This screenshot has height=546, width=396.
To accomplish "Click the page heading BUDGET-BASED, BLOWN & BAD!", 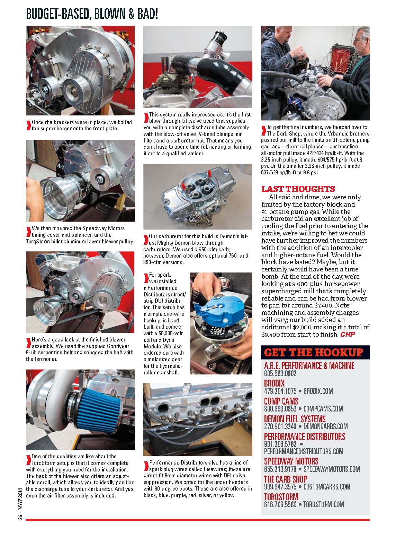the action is pyautogui.click(x=92, y=14).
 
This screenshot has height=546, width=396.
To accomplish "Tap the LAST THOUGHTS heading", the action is pyautogui.click(x=298, y=189).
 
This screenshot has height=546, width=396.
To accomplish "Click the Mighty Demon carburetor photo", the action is pyautogui.click(x=198, y=196).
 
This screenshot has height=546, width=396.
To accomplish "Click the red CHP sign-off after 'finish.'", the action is pyautogui.click(x=348, y=334).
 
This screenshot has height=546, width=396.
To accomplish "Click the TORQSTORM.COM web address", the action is pyautogui.click(x=323, y=504).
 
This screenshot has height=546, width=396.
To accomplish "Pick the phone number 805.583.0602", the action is pyautogui.click(x=280, y=373).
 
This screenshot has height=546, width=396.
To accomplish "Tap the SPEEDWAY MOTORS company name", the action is pyautogui.click(x=291, y=461).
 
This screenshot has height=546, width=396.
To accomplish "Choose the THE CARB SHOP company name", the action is pyautogui.click(x=286, y=479).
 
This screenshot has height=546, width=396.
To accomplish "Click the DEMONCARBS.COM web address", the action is pyautogui.click(x=325, y=426).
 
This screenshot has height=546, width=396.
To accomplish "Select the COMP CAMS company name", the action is pyautogui.click(x=281, y=401).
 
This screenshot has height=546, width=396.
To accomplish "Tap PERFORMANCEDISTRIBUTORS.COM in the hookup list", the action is pyautogui.click(x=304, y=451).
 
